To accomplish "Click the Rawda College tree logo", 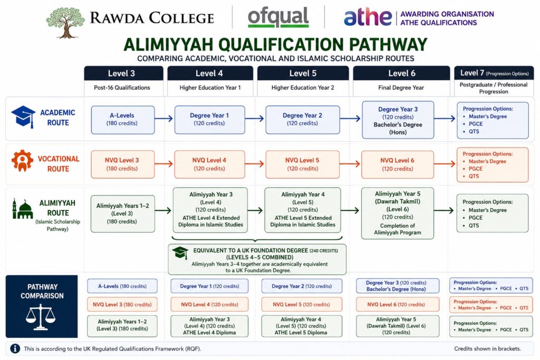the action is tap(65, 22).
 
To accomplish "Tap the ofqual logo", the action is tap(278, 17).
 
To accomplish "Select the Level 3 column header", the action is tap(123, 73).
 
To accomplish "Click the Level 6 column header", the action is tap(401, 73).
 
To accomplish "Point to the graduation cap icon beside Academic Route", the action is tap(23, 116).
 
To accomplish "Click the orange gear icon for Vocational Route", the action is tap(22, 160).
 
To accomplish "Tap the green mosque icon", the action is tap(23, 209).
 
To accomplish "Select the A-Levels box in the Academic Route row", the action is tap(122, 120).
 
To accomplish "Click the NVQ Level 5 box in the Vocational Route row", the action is tap(302, 164).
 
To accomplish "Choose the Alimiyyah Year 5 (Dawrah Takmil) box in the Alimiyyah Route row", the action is tap(398, 213).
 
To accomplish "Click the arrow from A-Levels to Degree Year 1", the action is tap(163, 119).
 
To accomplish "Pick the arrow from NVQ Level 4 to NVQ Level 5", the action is tap(255, 164).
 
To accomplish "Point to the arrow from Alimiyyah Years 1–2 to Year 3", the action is tap(163, 210).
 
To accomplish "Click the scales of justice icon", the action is tap(41, 317).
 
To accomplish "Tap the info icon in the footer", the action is tap(15, 348).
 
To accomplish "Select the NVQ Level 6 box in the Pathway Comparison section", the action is tap(398, 304).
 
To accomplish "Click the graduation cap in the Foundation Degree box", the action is tap(180, 252).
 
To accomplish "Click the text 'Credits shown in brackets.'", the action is tap(487, 348).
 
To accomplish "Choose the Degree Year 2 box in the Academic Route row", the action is tap(302, 120).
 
